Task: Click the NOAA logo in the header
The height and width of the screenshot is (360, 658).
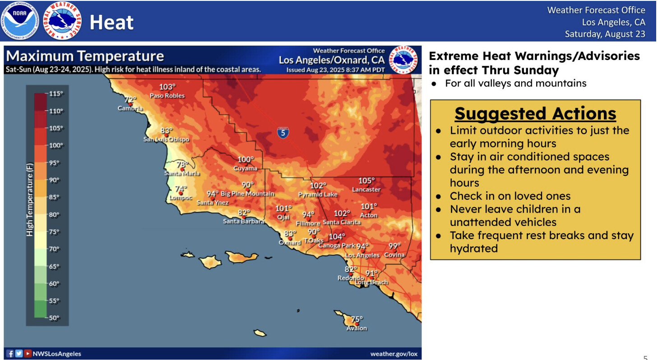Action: (20, 21)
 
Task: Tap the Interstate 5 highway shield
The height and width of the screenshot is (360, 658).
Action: (283, 133)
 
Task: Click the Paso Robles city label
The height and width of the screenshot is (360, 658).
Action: (167, 96)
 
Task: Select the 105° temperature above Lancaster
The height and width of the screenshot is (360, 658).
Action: (366, 180)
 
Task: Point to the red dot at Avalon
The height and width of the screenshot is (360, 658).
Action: (357, 324)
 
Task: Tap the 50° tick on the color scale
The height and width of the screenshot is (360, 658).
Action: (54, 318)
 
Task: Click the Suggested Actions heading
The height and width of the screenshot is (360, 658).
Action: (535, 114)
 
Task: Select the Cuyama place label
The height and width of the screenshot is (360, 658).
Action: (245, 168)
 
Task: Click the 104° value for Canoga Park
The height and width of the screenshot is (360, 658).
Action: (337, 237)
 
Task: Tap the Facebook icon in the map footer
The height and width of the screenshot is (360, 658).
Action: (9, 353)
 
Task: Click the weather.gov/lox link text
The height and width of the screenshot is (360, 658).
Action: (394, 354)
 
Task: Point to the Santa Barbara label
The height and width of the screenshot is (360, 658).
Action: (244, 221)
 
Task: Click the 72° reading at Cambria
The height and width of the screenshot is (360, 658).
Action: (130, 100)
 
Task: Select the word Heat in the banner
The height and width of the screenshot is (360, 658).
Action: (111, 22)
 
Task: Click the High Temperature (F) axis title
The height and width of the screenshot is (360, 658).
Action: (30, 200)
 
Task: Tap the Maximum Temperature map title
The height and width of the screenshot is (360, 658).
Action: (85, 56)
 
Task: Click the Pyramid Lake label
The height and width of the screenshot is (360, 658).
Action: (318, 194)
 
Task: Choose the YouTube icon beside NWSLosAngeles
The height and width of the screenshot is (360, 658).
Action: (28, 353)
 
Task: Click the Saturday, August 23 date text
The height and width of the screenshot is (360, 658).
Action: (605, 34)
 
